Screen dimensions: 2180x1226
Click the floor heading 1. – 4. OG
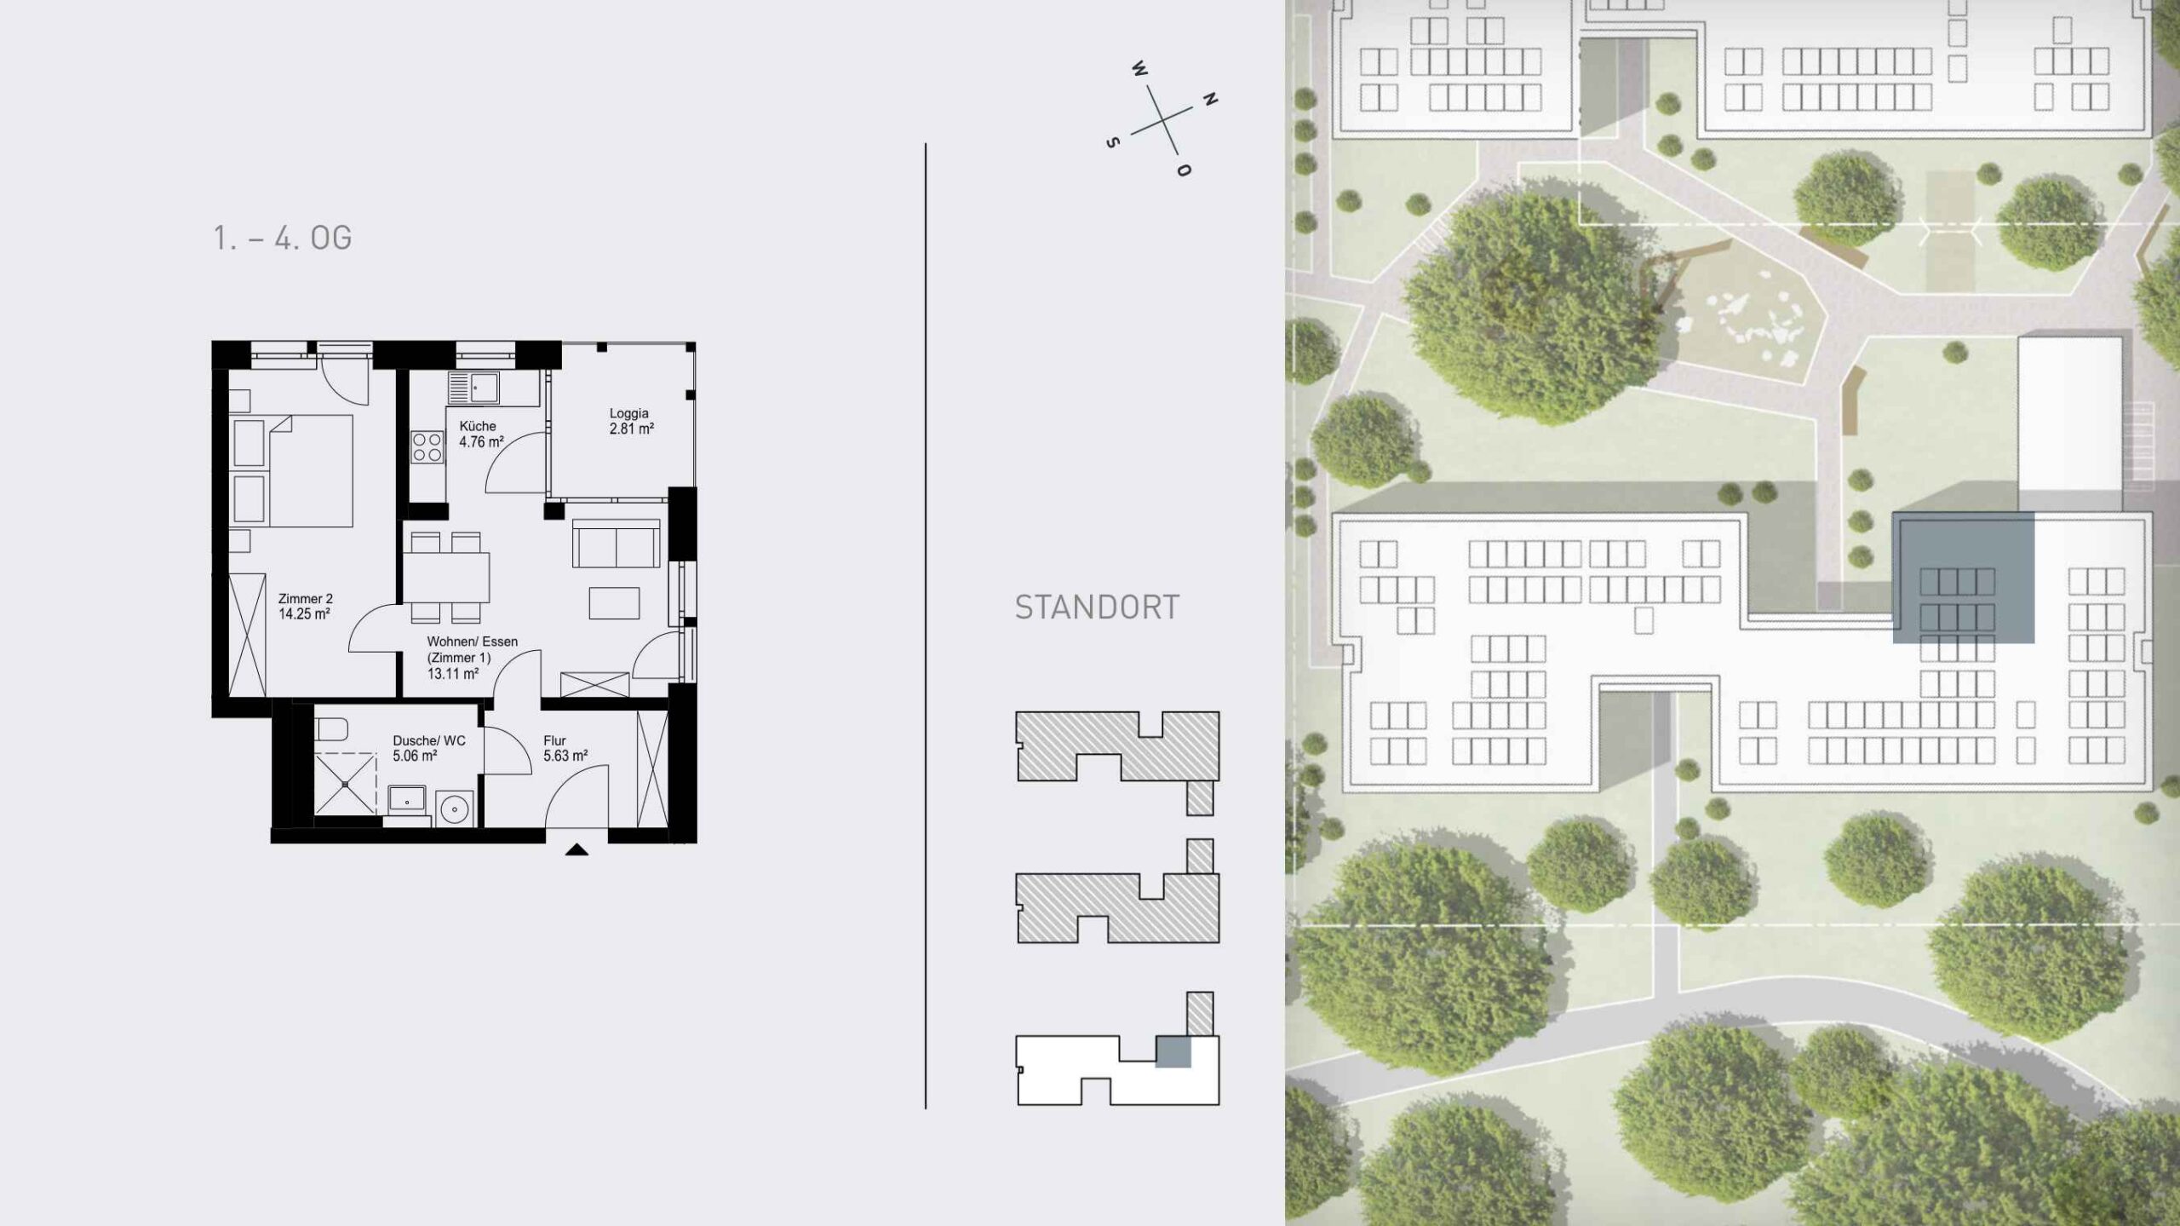pos(282,238)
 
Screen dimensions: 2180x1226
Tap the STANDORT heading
pos(1097,607)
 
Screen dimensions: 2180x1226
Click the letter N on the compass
pos(1209,99)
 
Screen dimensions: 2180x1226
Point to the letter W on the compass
pos(1139,68)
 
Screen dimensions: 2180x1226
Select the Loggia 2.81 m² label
pos(631,421)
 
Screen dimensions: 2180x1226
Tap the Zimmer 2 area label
pos(305,606)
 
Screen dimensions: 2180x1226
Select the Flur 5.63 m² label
pos(565,748)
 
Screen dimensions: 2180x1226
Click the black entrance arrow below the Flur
pos(577,849)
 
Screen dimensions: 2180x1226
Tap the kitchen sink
pos(473,389)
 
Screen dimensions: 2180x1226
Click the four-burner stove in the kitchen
pos(427,447)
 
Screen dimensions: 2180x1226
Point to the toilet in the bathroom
pos(331,730)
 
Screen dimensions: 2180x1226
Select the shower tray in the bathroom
pos(345,783)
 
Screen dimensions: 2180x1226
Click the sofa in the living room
pos(617,543)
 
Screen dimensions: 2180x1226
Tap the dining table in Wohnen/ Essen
pos(447,578)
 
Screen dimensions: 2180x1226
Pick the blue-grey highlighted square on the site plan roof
pos(1964,578)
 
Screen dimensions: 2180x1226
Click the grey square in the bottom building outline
pos(1173,1051)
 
